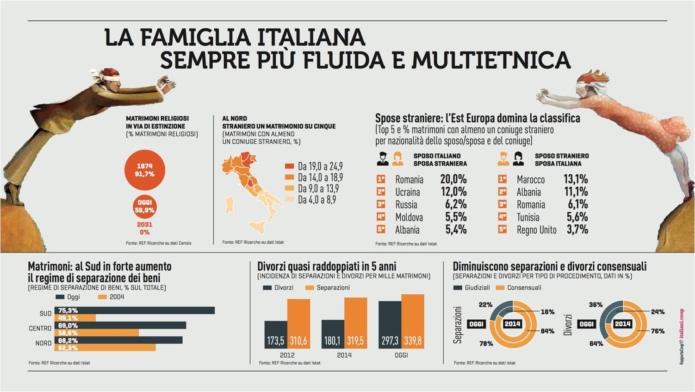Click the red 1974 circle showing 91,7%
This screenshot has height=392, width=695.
click(145, 170)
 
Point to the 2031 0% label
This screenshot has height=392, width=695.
click(144, 228)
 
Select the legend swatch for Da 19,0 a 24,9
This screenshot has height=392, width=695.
click(289, 166)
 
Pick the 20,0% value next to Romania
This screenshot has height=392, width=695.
click(453, 179)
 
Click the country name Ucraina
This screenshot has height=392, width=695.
click(408, 192)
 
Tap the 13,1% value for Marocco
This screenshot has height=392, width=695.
click(575, 179)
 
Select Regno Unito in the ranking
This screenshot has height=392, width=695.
click(536, 230)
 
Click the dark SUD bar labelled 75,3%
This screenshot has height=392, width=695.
click(134, 310)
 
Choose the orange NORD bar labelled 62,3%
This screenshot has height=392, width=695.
click(105, 348)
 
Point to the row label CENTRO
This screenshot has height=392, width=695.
click(40, 329)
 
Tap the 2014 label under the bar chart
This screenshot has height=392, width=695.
click(344, 355)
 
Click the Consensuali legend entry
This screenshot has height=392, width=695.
click(524, 288)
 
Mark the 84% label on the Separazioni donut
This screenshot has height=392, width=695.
click(547, 331)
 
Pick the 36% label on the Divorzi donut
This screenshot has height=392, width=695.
click(596, 305)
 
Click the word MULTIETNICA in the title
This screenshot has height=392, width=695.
click(491, 60)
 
